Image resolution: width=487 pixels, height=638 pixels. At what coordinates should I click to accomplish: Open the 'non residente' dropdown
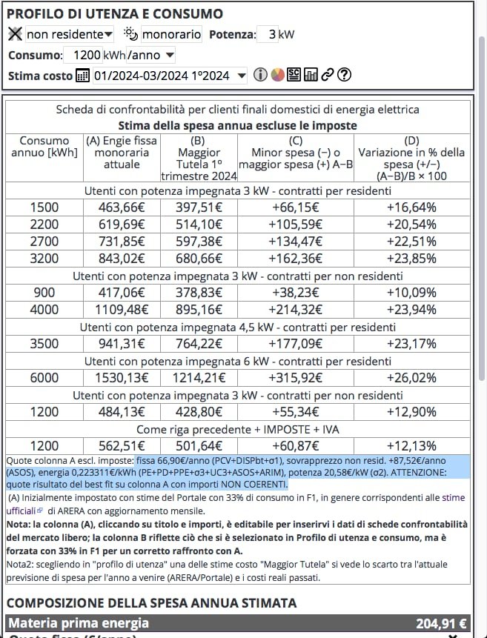70,34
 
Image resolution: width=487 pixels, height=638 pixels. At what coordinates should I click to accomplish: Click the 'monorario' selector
171,34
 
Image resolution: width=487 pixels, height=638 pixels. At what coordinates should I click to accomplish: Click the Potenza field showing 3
267,34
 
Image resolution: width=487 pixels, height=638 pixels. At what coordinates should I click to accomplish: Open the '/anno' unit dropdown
151,55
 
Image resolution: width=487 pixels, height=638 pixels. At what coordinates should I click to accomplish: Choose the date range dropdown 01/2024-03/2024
170,76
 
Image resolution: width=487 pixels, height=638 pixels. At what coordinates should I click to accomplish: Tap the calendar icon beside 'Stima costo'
82,76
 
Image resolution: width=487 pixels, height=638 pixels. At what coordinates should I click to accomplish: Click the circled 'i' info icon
260,75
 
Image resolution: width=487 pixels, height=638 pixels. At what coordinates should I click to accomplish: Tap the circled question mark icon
343,75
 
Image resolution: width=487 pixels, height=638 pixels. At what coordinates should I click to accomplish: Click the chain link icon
327,75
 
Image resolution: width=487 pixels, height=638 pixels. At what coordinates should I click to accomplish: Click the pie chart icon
277,75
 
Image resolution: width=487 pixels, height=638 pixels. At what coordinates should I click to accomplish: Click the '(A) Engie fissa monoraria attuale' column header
122,152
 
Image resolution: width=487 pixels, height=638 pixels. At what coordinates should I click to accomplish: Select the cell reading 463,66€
122,206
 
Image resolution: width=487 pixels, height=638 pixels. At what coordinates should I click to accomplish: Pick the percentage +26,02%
411,378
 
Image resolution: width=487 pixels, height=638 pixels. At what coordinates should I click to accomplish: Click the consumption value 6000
44,378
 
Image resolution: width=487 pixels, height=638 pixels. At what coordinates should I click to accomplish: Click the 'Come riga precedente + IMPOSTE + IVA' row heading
237,429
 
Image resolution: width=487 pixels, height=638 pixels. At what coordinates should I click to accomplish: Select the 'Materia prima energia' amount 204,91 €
441,623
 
